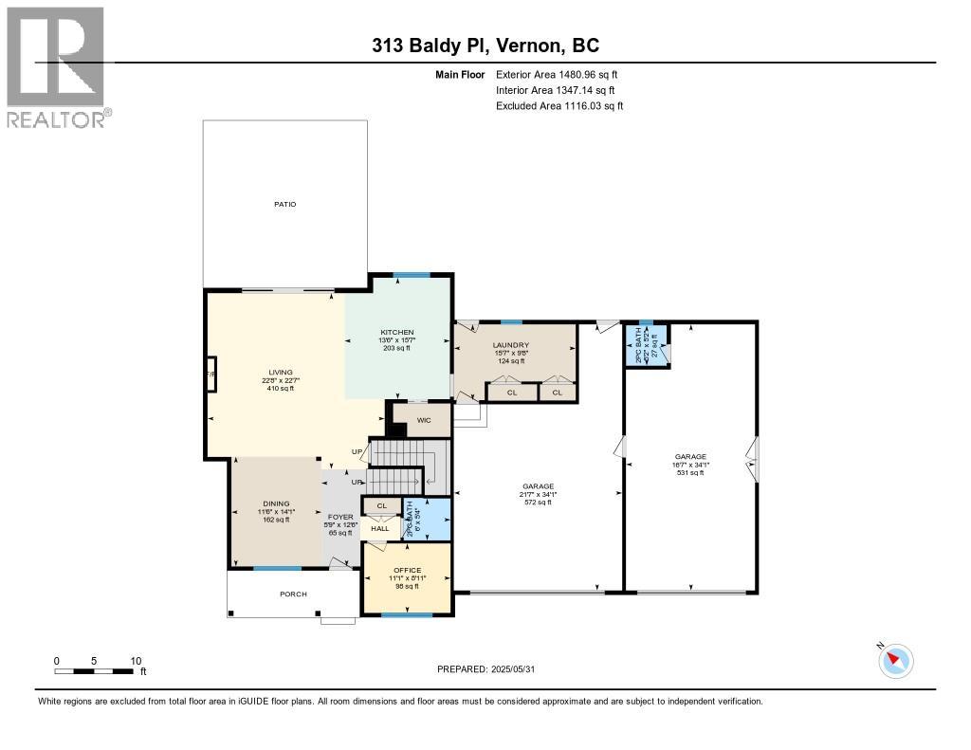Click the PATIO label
[284, 204]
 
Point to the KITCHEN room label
[396, 331]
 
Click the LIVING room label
[280, 372]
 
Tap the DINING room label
[276, 503]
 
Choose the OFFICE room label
[407, 570]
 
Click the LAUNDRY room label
[510, 345]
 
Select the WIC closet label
[424, 420]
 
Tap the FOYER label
[340, 518]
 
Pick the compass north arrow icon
[895, 660]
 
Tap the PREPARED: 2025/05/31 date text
[491, 669]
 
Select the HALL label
[379, 528]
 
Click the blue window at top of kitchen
[412, 275]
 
